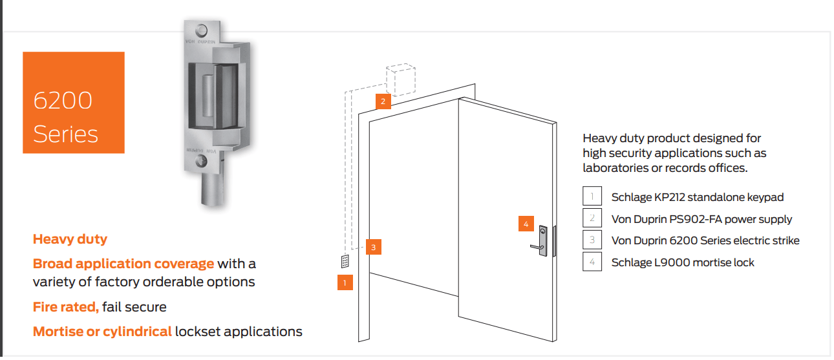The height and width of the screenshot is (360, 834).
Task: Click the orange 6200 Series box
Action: [73, 103]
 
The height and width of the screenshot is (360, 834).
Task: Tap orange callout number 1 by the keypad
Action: [345, 282]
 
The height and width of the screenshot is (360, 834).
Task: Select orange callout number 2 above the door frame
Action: [383, 101]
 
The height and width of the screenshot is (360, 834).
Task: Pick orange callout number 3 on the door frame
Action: [373, 246]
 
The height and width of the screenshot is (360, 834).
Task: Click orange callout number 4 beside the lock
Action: [526, 224]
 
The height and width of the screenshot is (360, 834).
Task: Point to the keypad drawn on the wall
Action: [345, 262]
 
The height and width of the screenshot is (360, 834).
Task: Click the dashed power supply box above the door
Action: [401, 80]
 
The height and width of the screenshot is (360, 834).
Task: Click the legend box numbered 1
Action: [592, 196]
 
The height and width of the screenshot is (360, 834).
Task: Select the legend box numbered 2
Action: [592, 218]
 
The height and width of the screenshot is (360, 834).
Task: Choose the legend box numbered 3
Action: [592, 240]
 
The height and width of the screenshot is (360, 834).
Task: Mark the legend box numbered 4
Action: [592, 262]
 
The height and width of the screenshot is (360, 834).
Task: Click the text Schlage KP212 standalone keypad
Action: [698, 197]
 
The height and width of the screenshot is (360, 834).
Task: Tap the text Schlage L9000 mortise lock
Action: [683, 262]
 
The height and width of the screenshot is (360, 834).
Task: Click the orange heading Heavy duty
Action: [70, 239]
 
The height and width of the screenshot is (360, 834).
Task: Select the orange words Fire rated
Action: [65, 307]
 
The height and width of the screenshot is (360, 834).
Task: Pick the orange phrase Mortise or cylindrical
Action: [102, 332]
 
